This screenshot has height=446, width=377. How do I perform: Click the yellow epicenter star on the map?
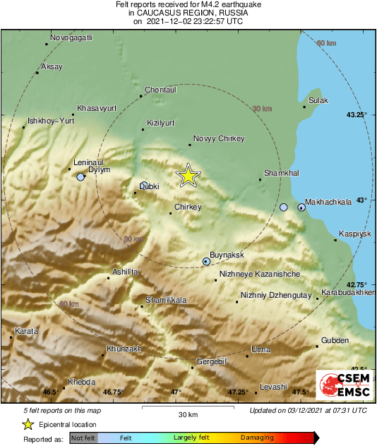pos(188,175)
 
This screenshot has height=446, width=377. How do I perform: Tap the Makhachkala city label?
pos(330,201)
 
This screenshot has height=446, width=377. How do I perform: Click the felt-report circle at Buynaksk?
pos(207,262)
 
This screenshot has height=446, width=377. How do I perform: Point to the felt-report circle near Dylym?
pos(80,178)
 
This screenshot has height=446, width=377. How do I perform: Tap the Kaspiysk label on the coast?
pos(355,232)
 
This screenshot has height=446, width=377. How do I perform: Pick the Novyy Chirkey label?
pos(218,138)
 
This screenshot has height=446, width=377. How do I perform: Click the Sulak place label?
pos(319,100)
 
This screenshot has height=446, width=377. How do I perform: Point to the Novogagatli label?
pos(72,37)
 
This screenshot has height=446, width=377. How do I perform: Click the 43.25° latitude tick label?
pos(357,114)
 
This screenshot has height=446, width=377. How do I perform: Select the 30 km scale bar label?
pos(187,414)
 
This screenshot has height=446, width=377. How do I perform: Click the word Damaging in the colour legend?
pos(257,438)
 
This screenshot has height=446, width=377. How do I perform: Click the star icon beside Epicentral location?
pos(28,424)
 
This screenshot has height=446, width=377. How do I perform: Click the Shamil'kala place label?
pos(166,300)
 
